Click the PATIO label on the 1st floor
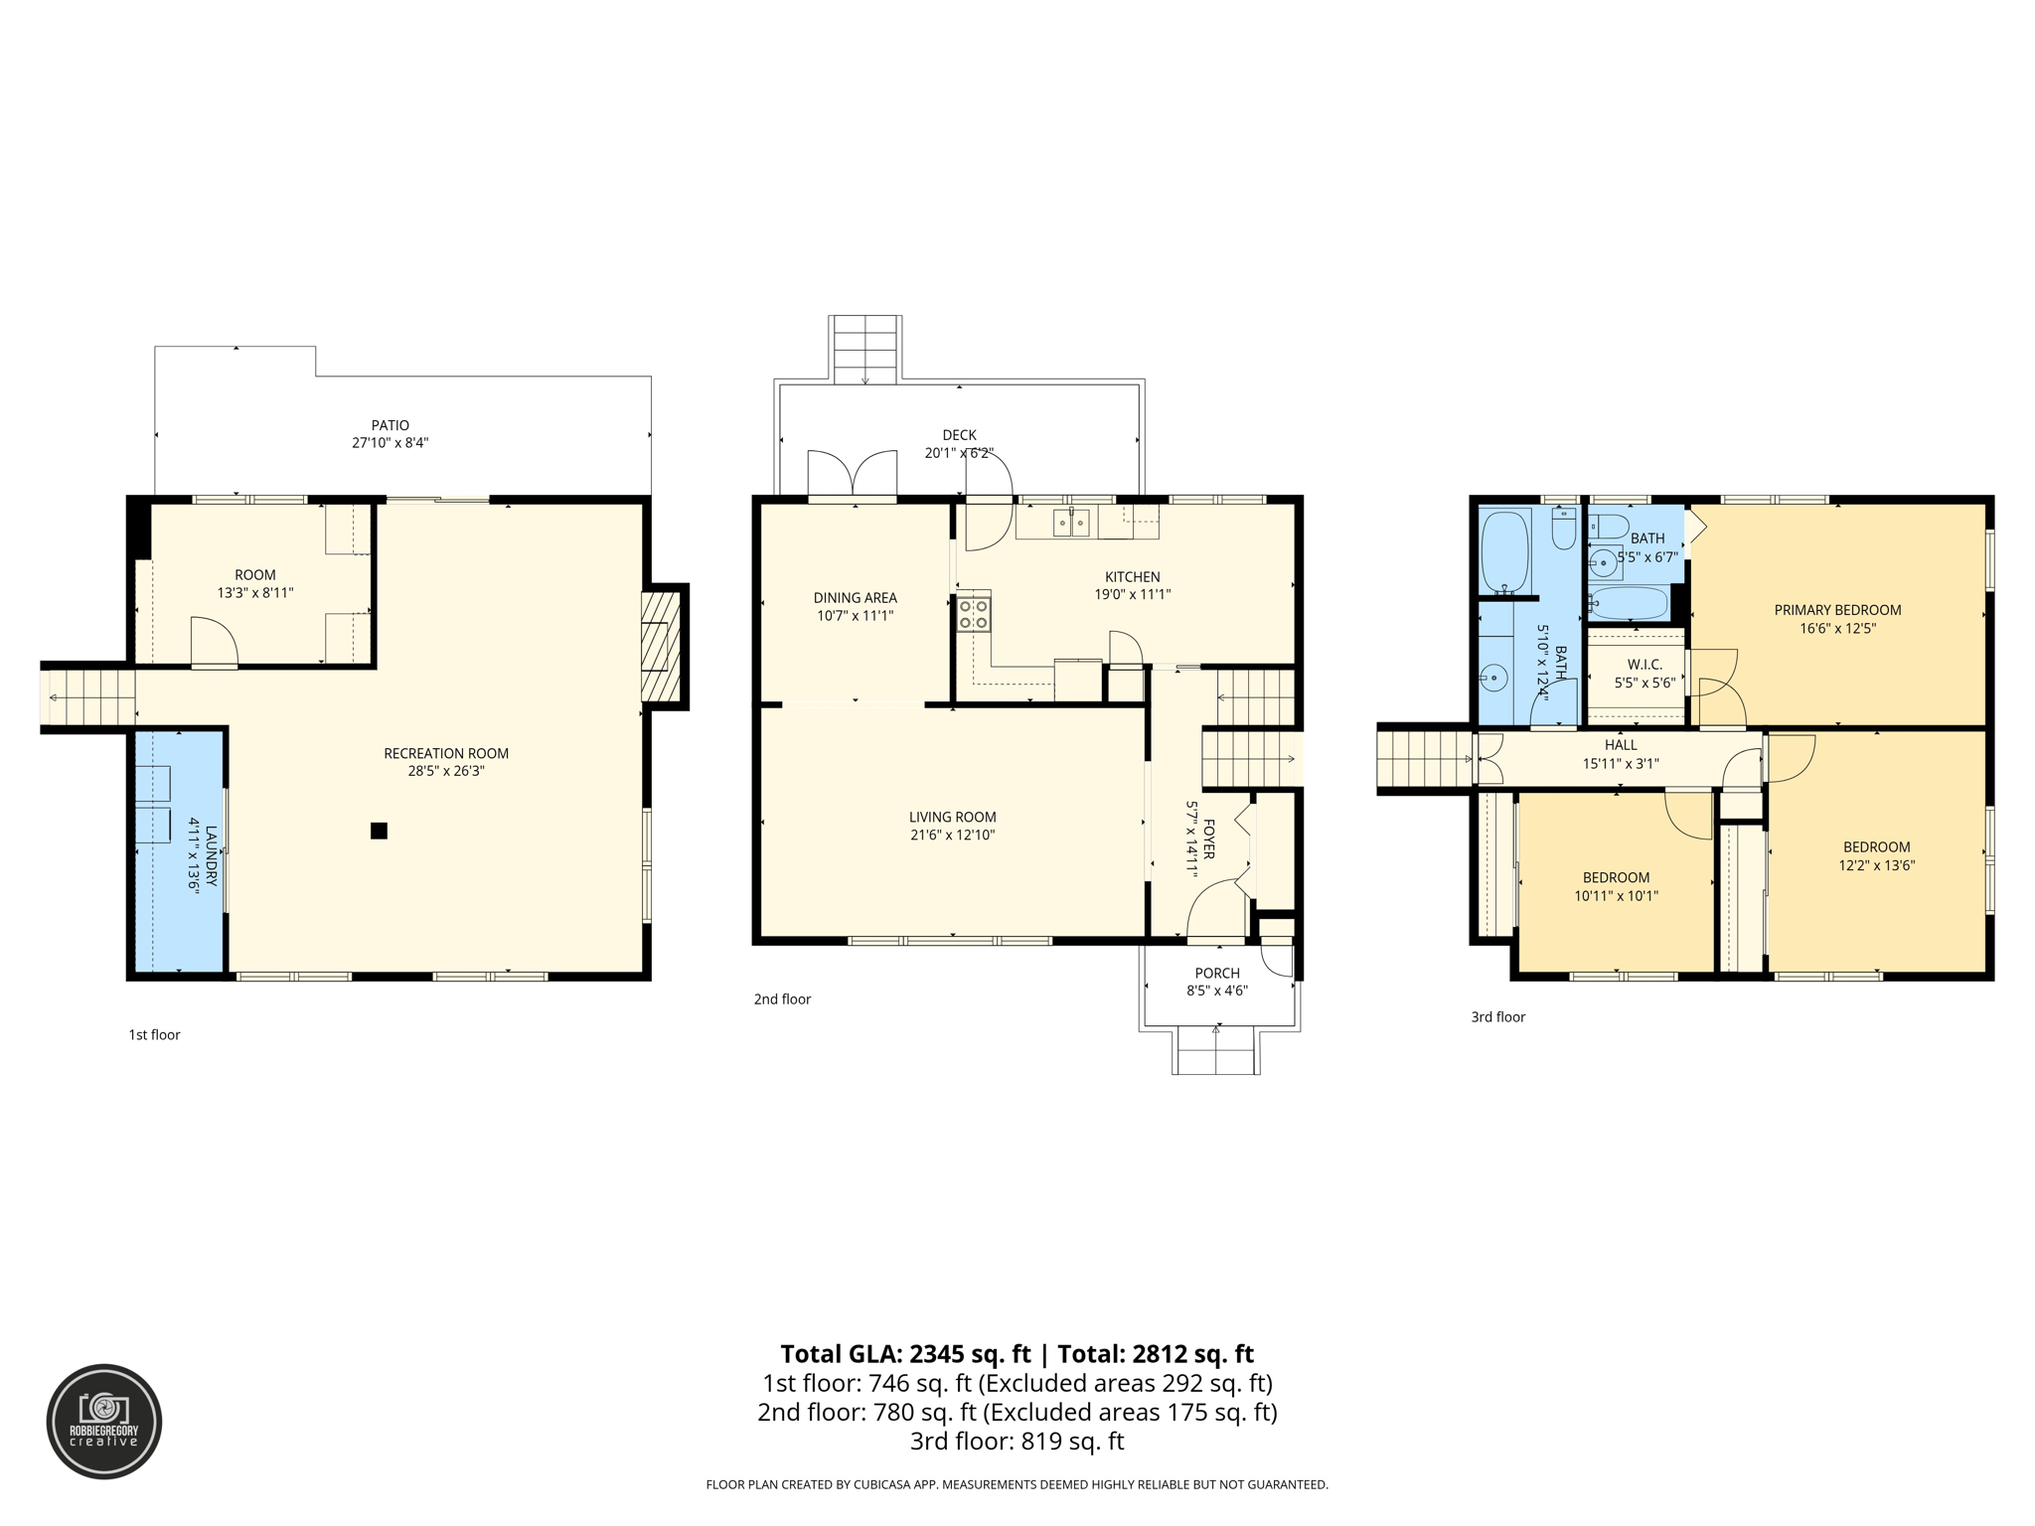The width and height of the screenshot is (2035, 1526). click(391, 425)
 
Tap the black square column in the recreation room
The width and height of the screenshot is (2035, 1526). click(379, 831)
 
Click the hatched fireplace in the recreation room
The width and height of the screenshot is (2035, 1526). click(660, 647)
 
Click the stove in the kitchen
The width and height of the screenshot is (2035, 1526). click(974, 613)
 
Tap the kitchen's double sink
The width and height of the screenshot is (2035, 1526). click(1071, 522)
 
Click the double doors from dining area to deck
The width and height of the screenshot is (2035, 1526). click(853, 475)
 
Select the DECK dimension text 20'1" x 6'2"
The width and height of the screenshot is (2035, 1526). click(959, 453)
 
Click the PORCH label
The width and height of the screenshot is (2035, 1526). click(1217, 973)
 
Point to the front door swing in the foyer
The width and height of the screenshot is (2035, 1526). click(1214, 909)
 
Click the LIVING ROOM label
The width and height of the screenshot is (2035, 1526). click(952, 817)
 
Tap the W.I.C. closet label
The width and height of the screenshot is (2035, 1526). click(1644, 664)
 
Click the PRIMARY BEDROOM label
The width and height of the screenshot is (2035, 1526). click(1837, 610)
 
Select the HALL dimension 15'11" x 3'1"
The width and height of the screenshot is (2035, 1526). click(1621, 764)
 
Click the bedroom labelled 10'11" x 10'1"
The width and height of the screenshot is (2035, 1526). click(1616, 886)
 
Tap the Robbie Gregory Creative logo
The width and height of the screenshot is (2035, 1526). click(104, 1422)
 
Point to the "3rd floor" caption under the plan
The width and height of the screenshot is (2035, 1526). click(1497, 1016)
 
